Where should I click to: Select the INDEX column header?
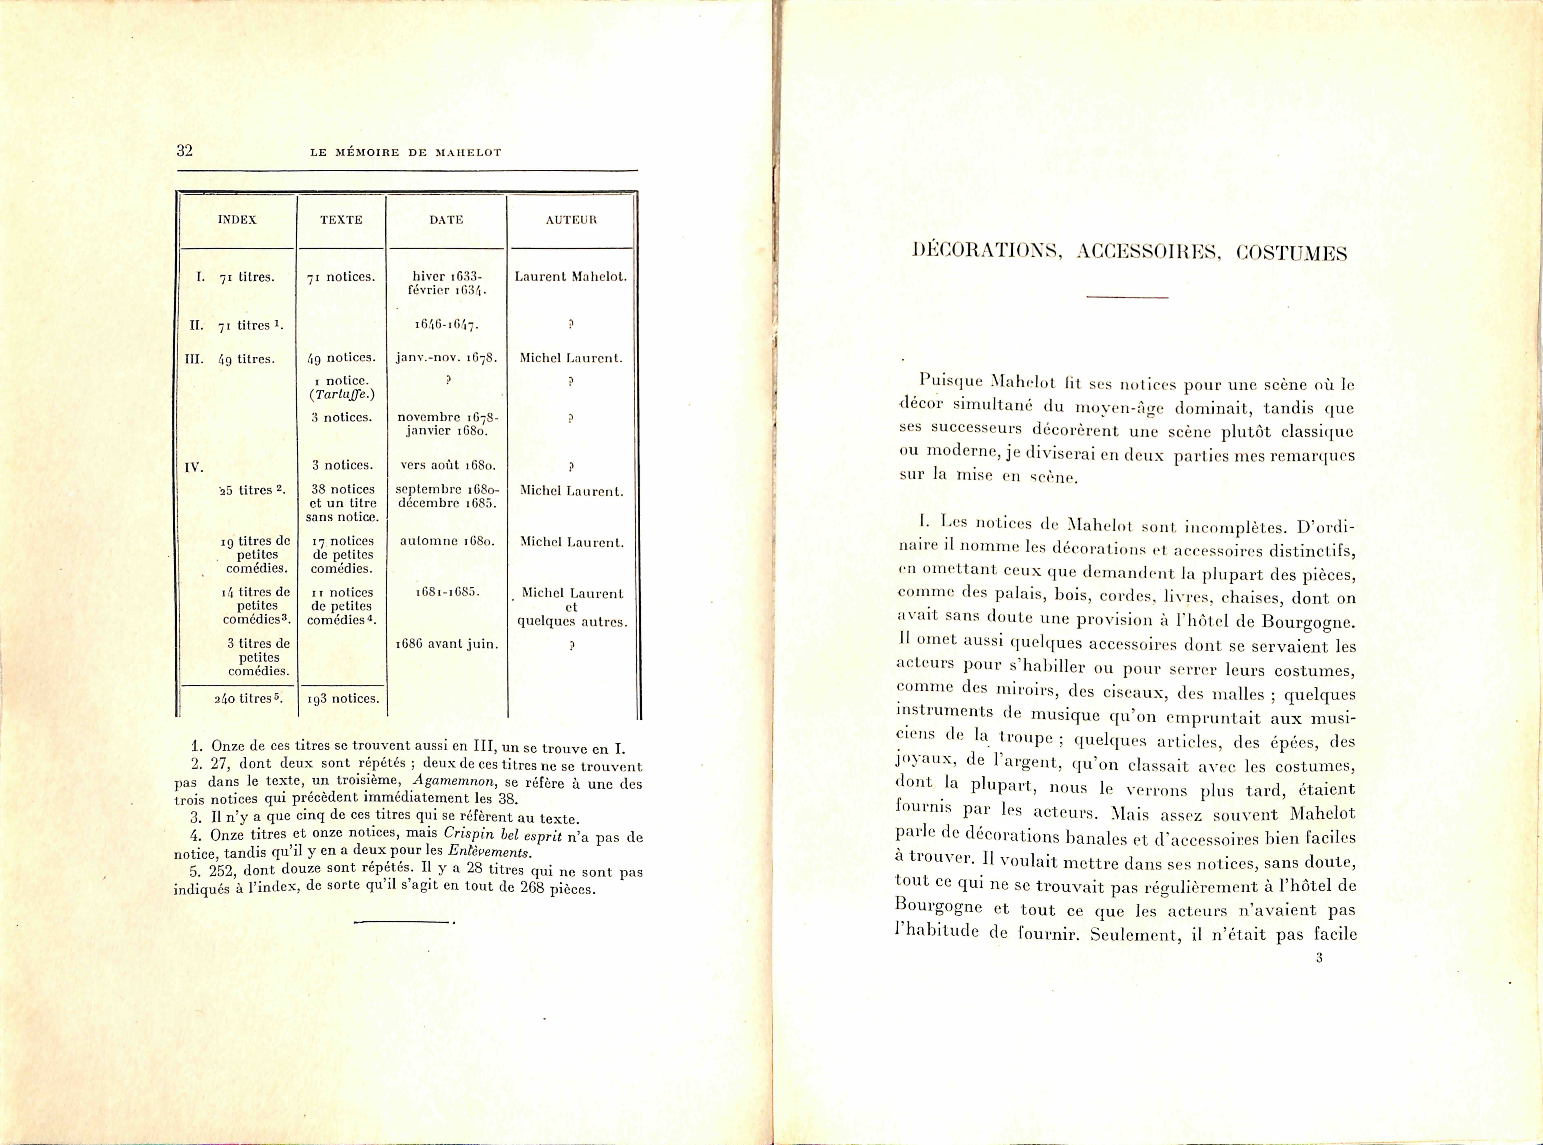237,220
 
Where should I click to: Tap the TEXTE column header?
341,220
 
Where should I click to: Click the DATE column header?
446,220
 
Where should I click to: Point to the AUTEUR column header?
571,220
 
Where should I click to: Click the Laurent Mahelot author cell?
571,277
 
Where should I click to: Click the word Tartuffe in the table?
341,394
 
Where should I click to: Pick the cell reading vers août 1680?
446,465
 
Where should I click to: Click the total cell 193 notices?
342,699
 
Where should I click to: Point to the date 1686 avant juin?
446,644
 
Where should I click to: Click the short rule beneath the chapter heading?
1127,297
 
